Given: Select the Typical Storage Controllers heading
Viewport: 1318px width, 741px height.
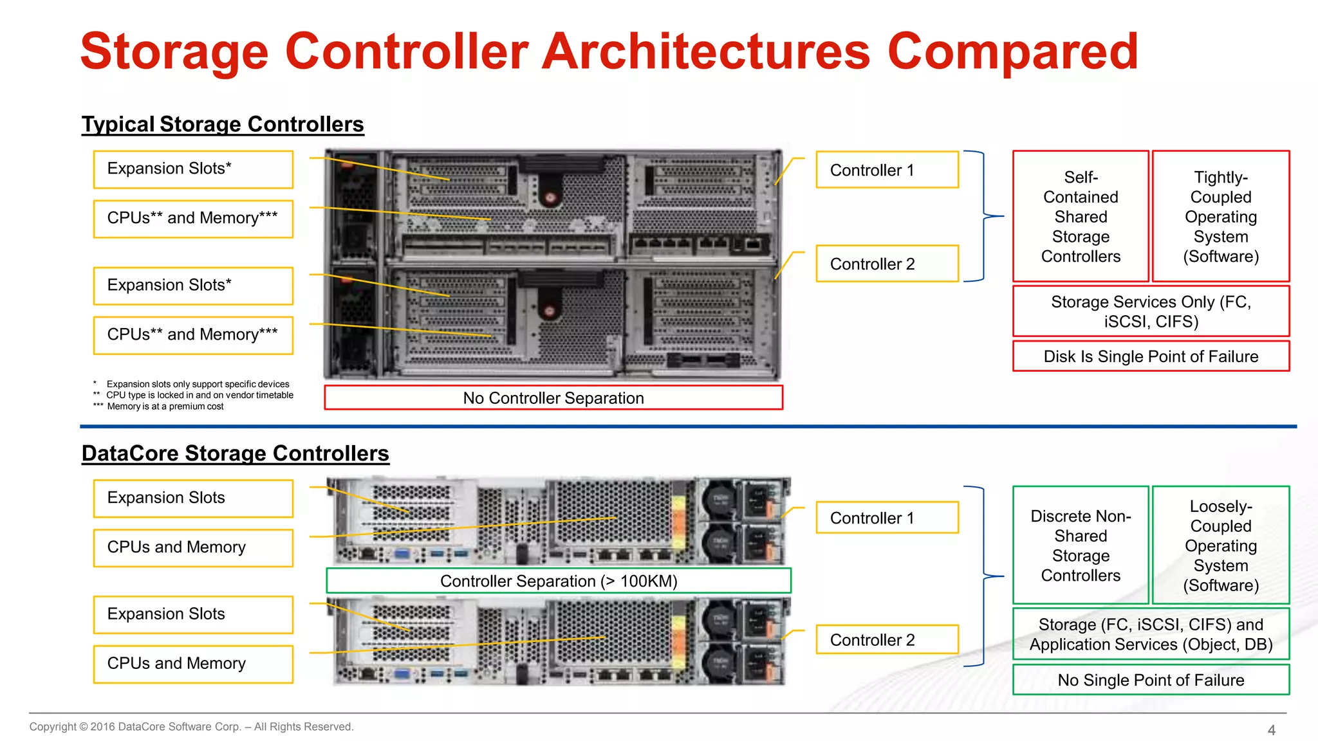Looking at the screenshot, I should [223, 124].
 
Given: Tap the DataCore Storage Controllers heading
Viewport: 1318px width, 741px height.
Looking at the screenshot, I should [235, 453].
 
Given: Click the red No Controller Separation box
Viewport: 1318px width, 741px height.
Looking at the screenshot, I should [553, 398].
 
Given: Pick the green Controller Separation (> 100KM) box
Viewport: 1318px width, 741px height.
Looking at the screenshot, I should [559, 581].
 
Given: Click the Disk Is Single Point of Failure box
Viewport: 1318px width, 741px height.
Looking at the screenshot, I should [1151, 356].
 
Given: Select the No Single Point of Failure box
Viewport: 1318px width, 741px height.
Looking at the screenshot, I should [1151, 680].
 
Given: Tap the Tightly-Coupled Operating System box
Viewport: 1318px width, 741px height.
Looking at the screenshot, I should [1221, 217].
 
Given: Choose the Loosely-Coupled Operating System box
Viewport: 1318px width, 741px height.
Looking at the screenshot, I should [1221, 545].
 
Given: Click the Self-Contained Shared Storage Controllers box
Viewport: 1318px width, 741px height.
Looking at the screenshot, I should [1081, 217].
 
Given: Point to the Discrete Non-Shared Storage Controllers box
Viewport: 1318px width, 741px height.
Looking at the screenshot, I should [1081, 545].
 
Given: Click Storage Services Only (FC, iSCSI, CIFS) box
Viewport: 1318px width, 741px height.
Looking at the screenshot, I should [1151, 311].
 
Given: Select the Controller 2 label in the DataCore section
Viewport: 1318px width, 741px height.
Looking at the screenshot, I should [886, 640].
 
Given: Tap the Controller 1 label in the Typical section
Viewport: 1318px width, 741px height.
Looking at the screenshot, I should [886, 170].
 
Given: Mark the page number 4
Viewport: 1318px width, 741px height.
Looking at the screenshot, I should [1271, 730].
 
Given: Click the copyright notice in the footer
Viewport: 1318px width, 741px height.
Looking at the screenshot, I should [191, 727].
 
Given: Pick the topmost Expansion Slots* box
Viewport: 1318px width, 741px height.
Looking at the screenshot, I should [193, 169].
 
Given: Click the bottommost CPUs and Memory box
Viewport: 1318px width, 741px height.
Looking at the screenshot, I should [193, 664].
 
